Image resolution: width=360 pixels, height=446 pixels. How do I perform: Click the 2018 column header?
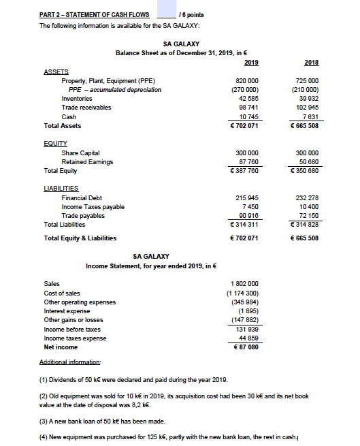coord(312,62)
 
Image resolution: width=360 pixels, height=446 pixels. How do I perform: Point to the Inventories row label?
coord(78,98)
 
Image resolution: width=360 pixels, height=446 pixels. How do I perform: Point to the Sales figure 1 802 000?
coord(245,283)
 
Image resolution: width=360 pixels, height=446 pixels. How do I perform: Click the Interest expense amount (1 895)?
coord(247,310)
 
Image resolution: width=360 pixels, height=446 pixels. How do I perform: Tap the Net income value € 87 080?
coord(246,347)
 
